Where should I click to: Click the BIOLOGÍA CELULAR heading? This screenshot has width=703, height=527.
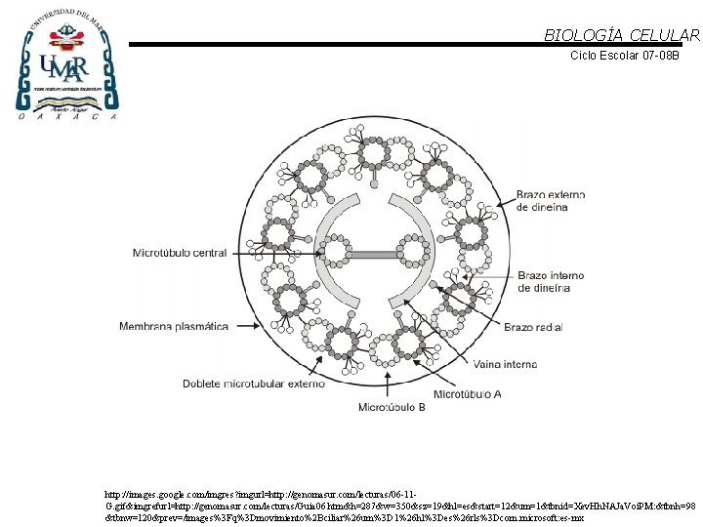621,35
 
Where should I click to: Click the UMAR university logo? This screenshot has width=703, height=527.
64,64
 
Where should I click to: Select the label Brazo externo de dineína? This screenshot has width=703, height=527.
552,201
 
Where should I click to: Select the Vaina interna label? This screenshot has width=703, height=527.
506,365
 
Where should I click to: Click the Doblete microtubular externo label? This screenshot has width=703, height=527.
253,384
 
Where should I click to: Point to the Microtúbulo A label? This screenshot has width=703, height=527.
467,395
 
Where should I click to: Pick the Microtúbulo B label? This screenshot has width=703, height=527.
392,406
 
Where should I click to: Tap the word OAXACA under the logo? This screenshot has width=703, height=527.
64,116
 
